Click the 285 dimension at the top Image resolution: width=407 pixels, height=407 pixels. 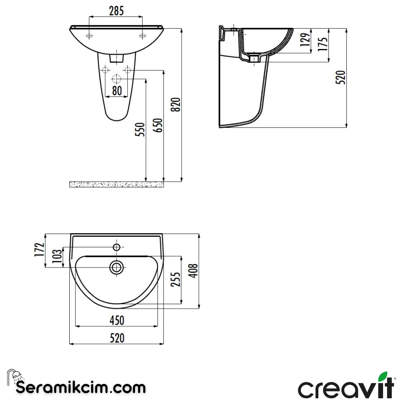[116, 11]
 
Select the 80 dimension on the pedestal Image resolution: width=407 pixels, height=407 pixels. [117, 91]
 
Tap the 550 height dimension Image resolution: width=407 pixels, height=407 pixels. [140, 130]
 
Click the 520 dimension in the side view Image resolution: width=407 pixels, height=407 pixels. [341, 77]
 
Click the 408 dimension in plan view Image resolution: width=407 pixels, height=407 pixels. [194, 271]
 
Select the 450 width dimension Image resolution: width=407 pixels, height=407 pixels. [117, 320]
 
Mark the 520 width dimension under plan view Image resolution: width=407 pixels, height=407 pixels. [117, 338]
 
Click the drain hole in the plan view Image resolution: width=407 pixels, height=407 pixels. [116, 267]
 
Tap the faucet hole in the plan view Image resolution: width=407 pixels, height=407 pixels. [116, 247]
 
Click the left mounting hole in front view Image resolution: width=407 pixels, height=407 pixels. [89, 36]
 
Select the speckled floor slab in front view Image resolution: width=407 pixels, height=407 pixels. [116, 184]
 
